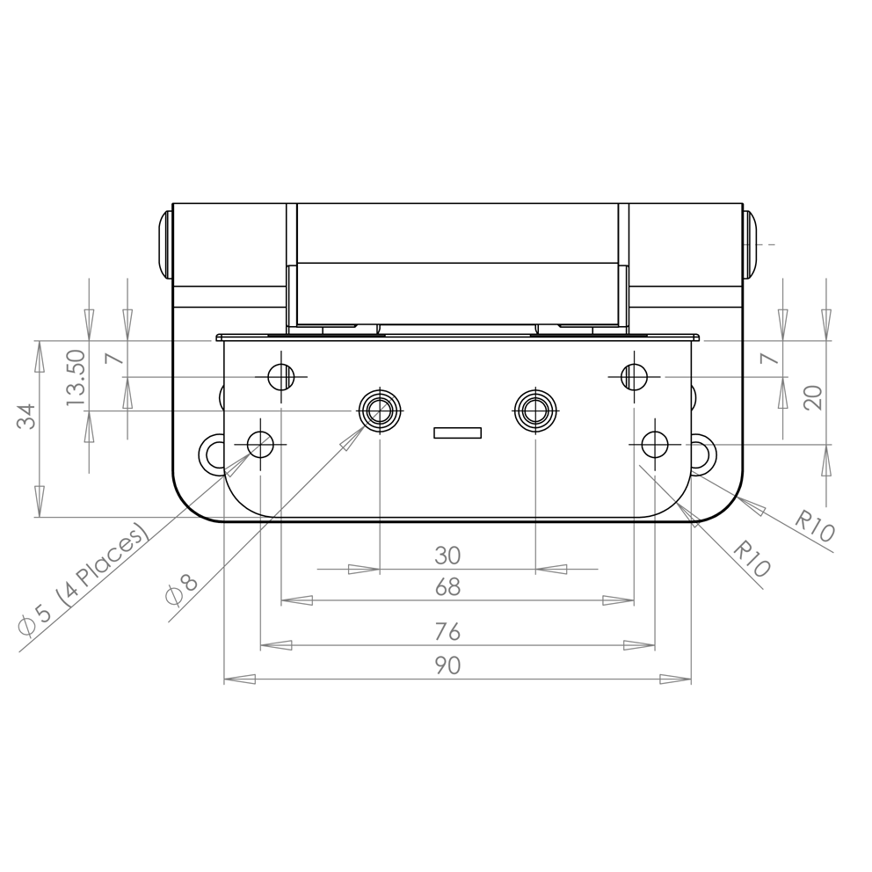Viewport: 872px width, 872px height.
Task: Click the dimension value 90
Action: [447, 665]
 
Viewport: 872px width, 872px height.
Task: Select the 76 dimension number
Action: [447, 632]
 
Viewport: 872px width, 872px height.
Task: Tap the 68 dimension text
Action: [447, 586]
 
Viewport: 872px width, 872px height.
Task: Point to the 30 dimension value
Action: [447, 556]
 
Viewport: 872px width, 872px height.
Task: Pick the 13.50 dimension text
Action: [76, 378]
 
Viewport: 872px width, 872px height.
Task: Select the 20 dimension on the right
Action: [813, 397]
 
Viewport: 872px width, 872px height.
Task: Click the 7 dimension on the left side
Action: [111, 359]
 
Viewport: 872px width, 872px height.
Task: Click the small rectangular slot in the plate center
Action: [457, 432]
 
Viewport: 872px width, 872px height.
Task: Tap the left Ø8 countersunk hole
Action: [379, 410]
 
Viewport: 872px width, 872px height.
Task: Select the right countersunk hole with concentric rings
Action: [535, 410]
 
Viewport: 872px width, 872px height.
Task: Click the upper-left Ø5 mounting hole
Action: [280, 377]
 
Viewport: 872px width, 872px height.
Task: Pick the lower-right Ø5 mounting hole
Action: [654, 445]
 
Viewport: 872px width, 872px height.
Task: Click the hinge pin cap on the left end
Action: [163, 244]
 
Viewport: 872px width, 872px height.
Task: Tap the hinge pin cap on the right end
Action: [748, 244]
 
